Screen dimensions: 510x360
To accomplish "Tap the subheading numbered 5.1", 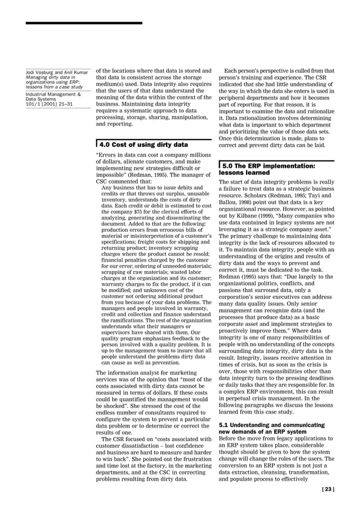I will pos(271,428).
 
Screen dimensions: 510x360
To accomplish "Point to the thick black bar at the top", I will pos(84,23).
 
